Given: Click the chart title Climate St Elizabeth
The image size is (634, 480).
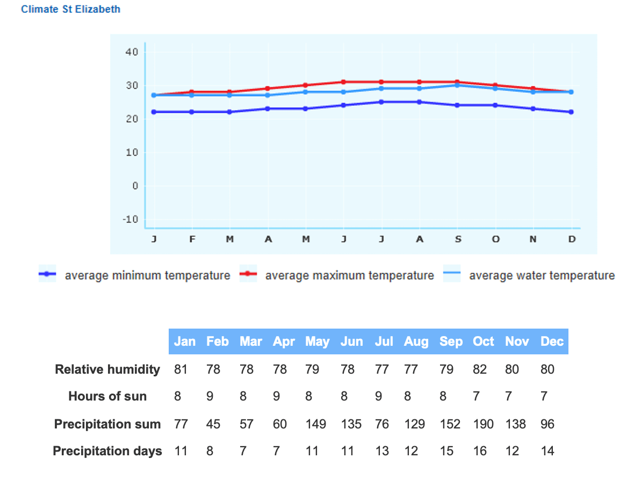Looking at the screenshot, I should click(x=70, y=9).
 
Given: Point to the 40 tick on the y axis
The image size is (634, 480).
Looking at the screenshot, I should click(x=132, y=52).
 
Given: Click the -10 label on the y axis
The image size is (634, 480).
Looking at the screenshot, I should click(x=131, y=220).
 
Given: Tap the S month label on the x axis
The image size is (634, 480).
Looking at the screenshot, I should click(x=458, y=240).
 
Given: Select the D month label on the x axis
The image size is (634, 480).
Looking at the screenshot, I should click(x=572, y=240).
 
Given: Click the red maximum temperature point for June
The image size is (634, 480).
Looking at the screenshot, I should click(x=343, y=82).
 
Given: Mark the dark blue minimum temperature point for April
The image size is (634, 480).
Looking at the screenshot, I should click(x=268, y=108).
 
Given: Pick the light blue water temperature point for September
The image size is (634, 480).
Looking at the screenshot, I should click(x=457, y=85).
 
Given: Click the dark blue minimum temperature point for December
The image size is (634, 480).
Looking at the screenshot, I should click(x=571, y=112).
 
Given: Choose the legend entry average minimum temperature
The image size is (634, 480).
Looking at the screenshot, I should click(x=147, y=275).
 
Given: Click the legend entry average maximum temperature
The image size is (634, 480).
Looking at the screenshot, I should click(x=349, y=275).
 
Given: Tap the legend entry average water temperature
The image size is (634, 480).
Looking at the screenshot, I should click(x=542, y=275).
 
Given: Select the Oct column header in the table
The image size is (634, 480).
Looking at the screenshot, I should click(x=483, y=341).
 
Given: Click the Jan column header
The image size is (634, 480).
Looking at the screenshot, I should click(x=184, y=341).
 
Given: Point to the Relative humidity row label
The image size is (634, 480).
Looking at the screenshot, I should click(x=107, y=369).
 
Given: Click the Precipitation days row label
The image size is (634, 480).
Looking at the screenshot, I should click(x=107, y=451).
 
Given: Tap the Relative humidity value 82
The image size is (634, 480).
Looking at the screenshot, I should click(x=480, y=369).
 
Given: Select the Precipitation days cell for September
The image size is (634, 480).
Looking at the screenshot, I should click(x=446, y=451).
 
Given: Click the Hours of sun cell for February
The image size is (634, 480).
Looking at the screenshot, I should click(x=210, y=396).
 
